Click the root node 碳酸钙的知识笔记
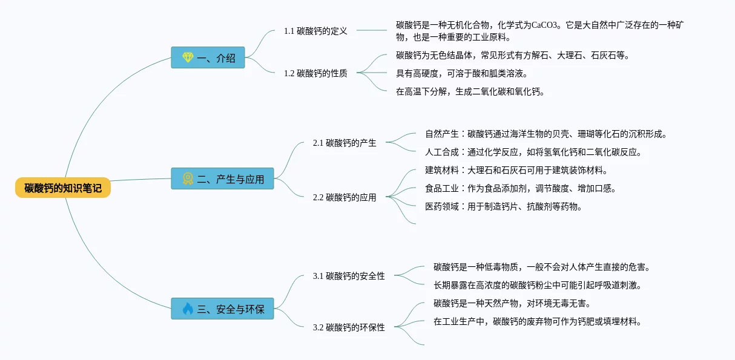pos(63,188)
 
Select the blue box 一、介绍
pos(208,57)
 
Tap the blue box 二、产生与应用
pos(222,178)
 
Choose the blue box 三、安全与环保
pos(222,309)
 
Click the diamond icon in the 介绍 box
pos(188,57)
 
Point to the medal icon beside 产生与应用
pos(188,178)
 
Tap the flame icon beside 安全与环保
pos(188,309)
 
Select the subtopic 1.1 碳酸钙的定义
pos(315,30)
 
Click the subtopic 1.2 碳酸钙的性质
pos(315,73)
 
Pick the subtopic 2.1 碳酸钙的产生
pos(344,143)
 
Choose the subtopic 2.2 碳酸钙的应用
pos(344,197)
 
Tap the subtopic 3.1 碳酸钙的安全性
pos(349,276)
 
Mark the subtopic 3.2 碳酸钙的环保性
pos(349,327)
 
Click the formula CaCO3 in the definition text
pos(545,25)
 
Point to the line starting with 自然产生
pos(545,134)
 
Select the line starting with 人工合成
pos(533,152)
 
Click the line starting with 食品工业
pos(521,188)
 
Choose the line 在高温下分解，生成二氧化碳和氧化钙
pos(470,92)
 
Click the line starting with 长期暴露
pos(537,285)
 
